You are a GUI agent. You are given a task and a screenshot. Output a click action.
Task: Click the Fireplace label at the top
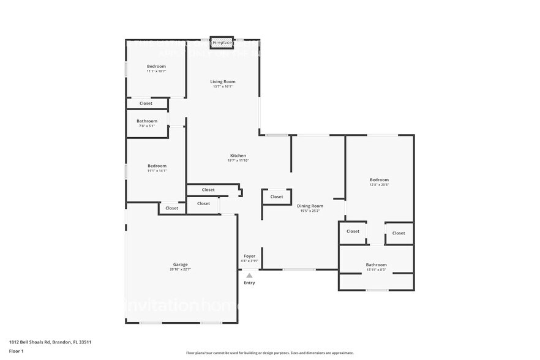pos(222,43)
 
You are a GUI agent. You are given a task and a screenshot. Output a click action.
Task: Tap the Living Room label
pos(223,81)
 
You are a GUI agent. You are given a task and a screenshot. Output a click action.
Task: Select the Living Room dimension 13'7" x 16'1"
pos(223,86)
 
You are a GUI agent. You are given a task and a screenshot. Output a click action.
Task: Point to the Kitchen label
pos(238,156)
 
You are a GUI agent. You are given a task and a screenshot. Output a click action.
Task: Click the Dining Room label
pos(310,206)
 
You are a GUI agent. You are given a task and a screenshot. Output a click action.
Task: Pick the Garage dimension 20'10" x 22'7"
pos(180,269)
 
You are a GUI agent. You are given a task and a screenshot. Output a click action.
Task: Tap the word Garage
pos(180,264)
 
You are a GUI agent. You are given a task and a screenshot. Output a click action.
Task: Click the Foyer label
pos(249,256)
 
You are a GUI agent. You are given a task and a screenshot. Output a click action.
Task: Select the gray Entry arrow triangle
pos(249,276)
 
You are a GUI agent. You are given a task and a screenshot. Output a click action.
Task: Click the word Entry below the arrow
pos(249,283)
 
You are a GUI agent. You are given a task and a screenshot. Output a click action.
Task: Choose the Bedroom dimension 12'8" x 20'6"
pos(379,184)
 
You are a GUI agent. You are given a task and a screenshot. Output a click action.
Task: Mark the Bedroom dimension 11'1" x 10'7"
pos(156,71)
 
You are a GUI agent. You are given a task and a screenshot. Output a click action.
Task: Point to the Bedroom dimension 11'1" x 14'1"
pos(157,171)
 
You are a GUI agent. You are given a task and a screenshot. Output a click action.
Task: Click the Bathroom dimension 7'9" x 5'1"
pos(147,126)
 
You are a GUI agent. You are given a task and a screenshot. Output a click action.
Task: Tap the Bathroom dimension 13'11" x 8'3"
pos(376,269)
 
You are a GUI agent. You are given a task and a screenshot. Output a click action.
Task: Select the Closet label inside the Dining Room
pos(277,197)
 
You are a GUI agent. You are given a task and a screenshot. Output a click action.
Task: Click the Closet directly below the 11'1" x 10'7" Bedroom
pos(146,103)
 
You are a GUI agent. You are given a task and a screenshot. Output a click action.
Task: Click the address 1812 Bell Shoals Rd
pos(50,342)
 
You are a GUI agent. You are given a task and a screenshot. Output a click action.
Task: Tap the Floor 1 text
pos(16,351)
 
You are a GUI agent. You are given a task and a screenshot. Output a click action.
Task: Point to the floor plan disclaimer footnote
pos(269,353)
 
